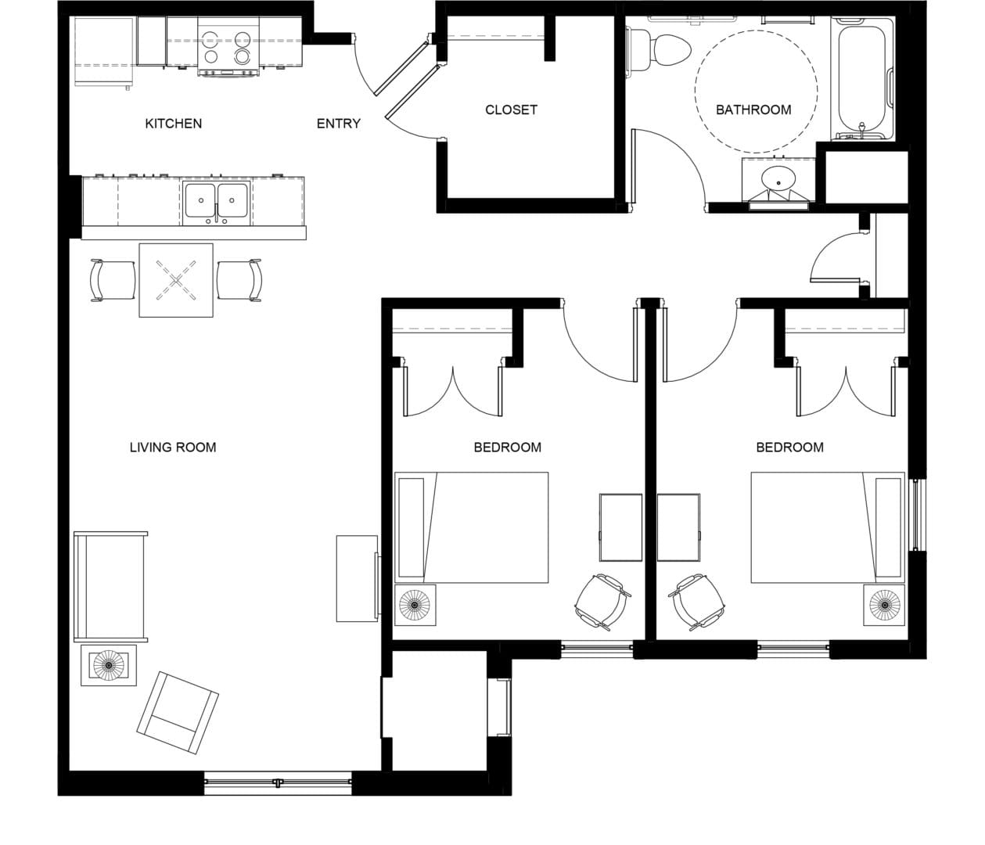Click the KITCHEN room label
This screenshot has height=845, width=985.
click(173, 124)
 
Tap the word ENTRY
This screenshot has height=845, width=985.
click(338, 124)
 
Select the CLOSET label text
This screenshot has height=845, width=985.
click(511, 110)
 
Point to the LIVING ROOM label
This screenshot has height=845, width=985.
click(173, 448)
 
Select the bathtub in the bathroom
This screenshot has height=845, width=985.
click(864, 78)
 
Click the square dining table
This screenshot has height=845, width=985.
click(176, 280)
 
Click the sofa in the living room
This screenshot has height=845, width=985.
click(110, 586)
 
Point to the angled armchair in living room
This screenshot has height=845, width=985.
click(178, 713)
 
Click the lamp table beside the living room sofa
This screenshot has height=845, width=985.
click(109, 665)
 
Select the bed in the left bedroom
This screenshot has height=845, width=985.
click(471, 527)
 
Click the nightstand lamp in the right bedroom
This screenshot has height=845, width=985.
click(885, 604)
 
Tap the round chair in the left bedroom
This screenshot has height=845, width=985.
click(602, 602)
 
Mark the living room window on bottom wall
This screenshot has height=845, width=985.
click(278, 782)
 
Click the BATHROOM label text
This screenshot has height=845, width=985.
click(753, 110)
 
